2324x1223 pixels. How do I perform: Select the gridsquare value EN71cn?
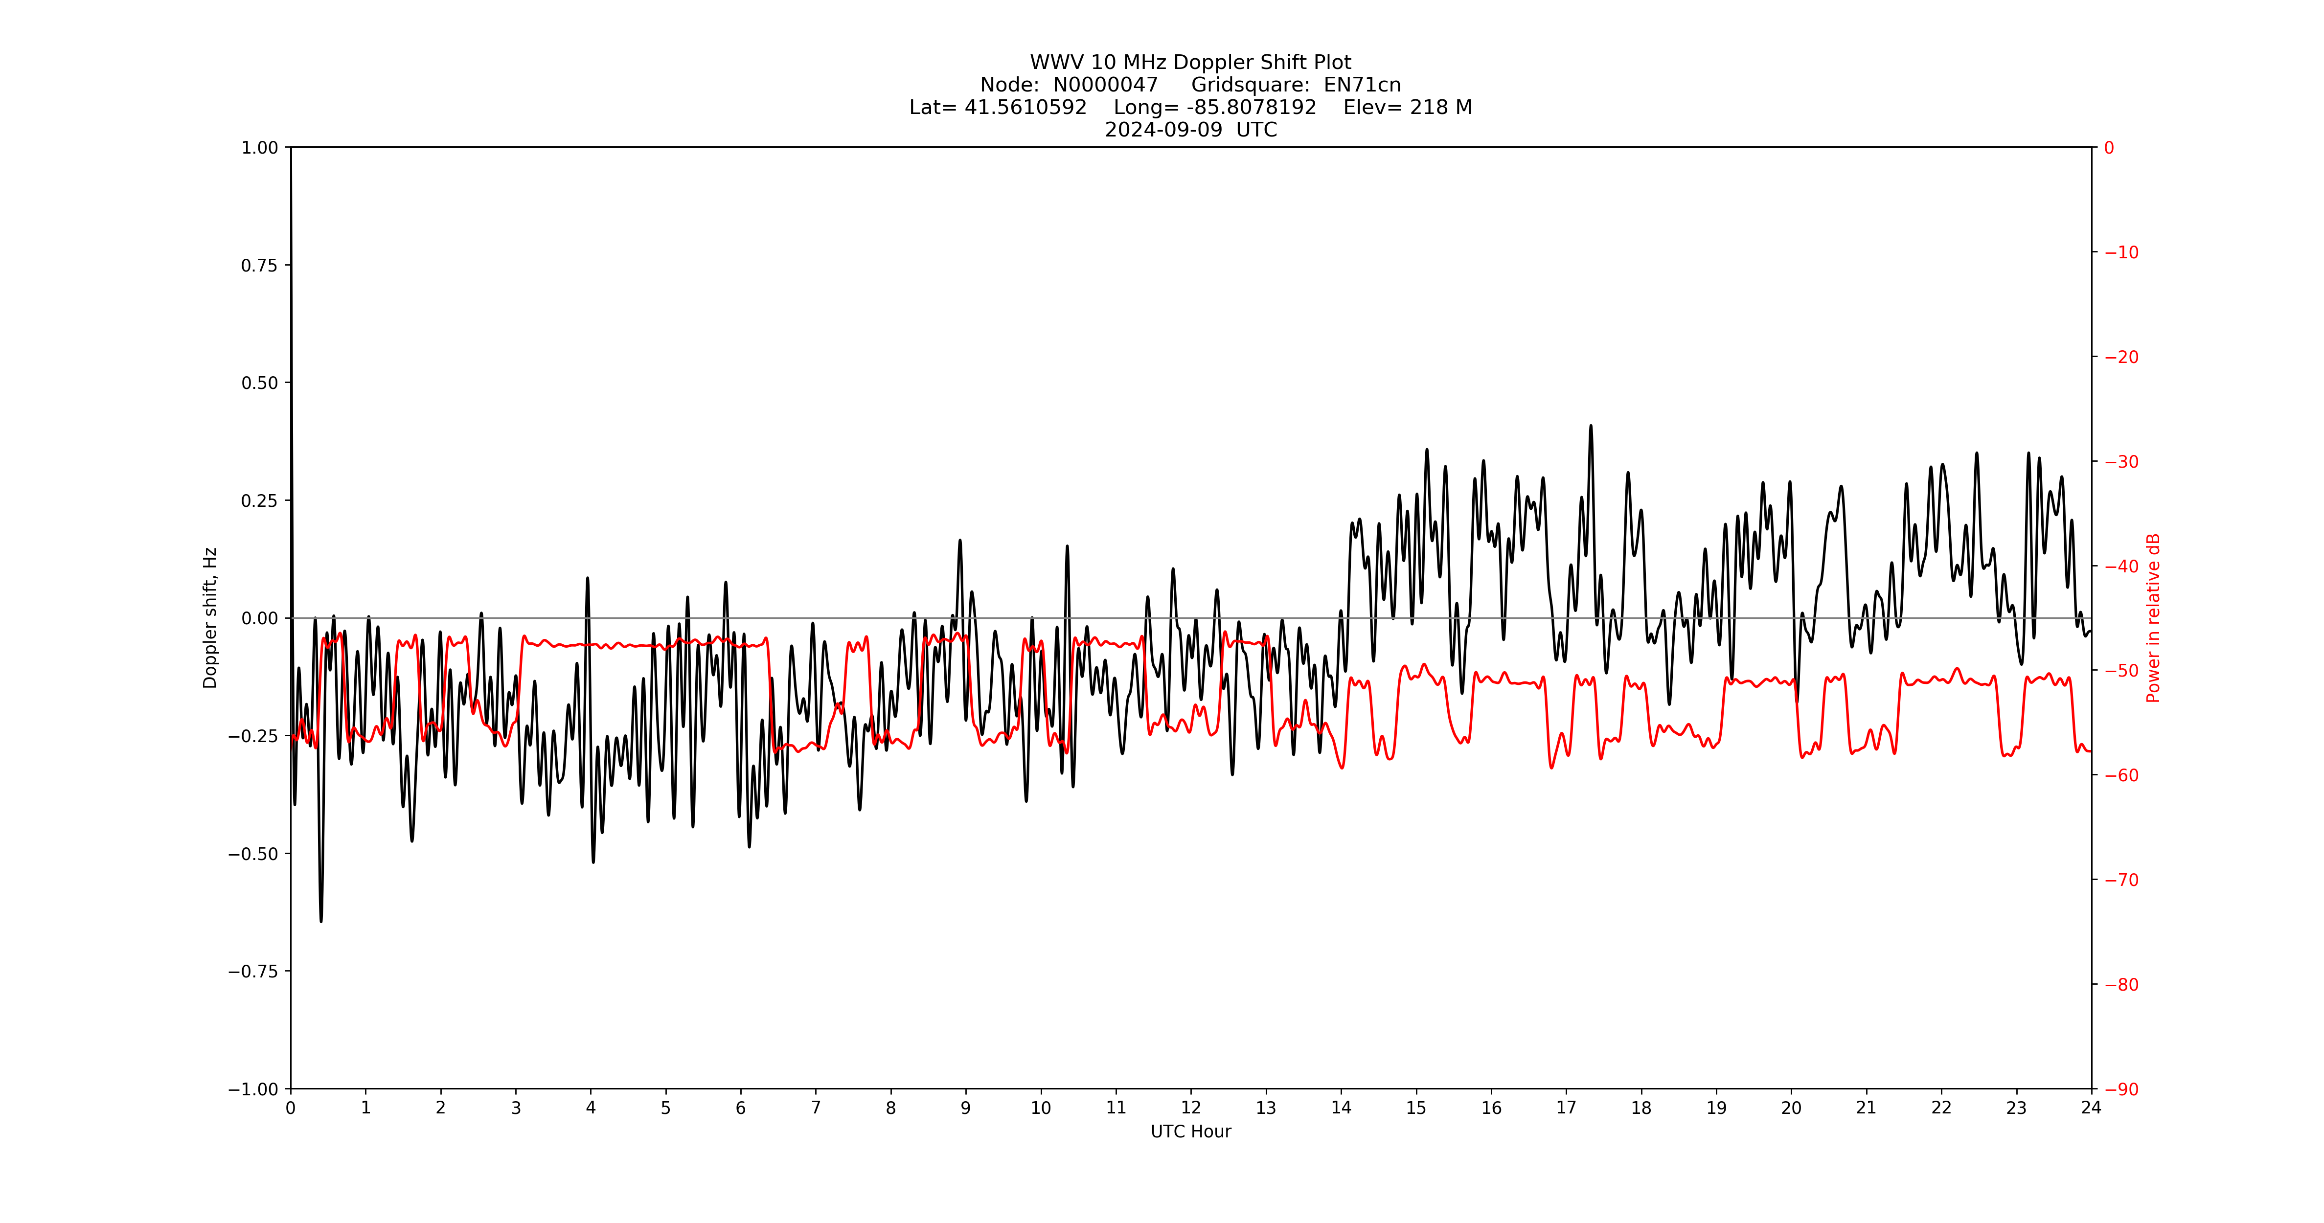tap(1362, 85)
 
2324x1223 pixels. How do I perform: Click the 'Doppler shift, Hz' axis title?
tap(210, 618)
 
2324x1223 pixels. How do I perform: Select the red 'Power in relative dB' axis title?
tap(2153, 618)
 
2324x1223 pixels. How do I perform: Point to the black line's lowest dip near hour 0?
tap(321, 921)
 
